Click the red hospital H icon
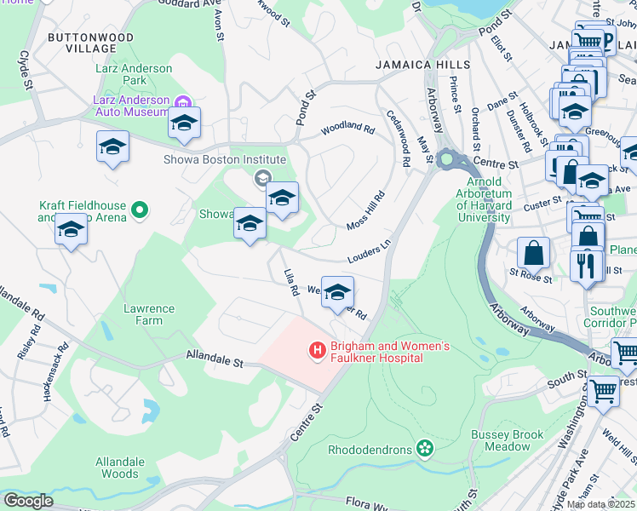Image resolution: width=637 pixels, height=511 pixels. click(x=317, y=349)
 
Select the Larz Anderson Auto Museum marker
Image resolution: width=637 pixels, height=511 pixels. click(x=181, y=101)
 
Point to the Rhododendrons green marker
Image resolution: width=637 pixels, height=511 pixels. click(x=424, y=448)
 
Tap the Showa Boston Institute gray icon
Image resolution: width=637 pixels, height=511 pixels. click(x=261, y=177)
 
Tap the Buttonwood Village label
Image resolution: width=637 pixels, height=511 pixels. click(x=90, y=43)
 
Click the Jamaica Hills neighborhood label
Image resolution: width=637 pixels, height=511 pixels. click(x=422, y=65)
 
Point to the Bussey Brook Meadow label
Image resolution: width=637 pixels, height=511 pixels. click(x=507, y=440)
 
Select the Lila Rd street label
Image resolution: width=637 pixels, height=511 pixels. click(x=290, y=282)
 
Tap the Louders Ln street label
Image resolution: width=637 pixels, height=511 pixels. click(x=368, y=252)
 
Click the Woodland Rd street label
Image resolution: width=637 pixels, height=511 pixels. click(x=347, y=129)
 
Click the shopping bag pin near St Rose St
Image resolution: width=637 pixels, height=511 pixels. click(x=533, y=252)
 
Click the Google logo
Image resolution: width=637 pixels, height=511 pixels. click(x=28, y=501)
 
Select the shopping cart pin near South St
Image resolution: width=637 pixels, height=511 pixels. click(x=603, y=392)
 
